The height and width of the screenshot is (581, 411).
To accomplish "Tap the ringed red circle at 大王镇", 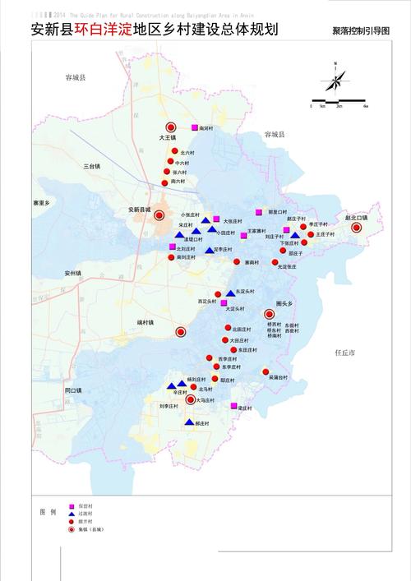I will (x=171, y=127).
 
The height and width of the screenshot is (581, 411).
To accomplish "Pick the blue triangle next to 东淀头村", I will (x=230, y=293).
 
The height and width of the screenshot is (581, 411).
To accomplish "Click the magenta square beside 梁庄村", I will (x=233, y=407).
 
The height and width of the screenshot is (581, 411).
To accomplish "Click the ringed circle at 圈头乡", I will (x=269, y=314).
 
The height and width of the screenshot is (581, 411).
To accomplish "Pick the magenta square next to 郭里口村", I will (x=259, y=211).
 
